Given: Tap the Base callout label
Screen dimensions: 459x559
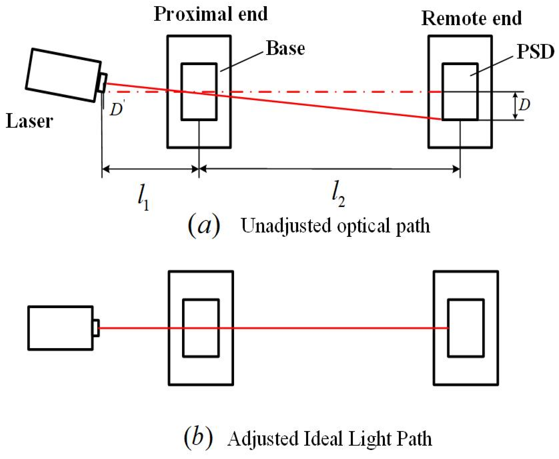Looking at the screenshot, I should click(x=285, y=48).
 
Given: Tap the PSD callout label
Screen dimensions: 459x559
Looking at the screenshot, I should click(x=535, y=52).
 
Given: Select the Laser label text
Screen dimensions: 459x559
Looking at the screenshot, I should click(x=29, y=121).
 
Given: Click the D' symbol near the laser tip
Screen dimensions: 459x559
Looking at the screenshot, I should click(x=116, y=109).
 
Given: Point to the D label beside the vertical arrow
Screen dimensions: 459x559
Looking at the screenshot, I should click(x=524, y=105).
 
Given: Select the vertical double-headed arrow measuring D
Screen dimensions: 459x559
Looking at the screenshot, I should click(x=515, y=106).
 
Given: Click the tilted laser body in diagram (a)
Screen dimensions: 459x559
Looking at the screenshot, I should click(x=64, y=75).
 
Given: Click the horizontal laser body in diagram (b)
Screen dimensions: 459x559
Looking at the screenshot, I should click(x=60, y=328).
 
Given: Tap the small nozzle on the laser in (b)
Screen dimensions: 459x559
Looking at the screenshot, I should click(x=96, y=328).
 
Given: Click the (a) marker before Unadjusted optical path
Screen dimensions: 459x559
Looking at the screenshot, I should click(x=204, y=226).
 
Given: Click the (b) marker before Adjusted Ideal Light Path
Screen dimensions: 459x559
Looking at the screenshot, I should click(x=198, y=438).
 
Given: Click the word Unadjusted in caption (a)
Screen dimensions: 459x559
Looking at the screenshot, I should click(x=286, y=226).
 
